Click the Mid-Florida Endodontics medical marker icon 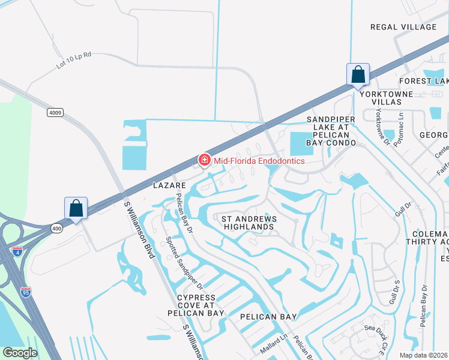(x=205, y=160)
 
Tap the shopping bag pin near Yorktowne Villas (x=358, y=76)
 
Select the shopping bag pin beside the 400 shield (x=76, y=209)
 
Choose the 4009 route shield (x=55, y=112)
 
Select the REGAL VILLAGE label (x=403, y=27)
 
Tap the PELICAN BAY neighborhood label (x=268, y=316)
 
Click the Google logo (x=20, y=353)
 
